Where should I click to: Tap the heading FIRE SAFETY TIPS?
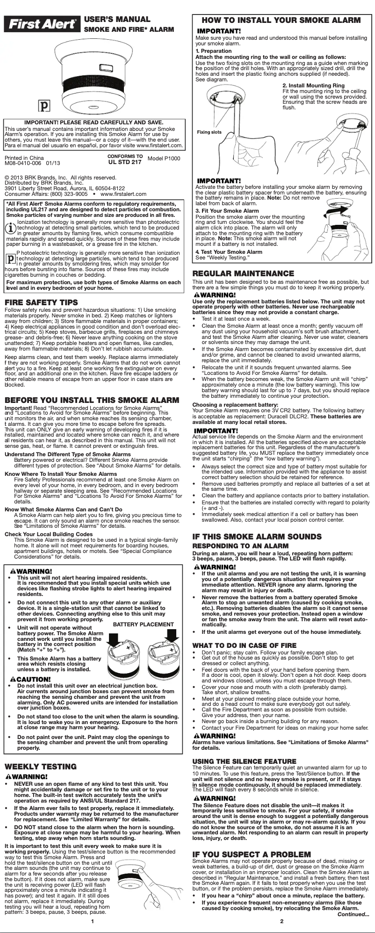pos(42,302)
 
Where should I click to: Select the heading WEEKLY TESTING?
pos(41,767)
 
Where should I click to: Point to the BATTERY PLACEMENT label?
pos(144,624)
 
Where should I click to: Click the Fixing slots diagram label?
pos(209,132)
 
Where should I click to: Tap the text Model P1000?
pos(164,159)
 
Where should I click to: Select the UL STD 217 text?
pos(125,162)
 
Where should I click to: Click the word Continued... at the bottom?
pos(353,914)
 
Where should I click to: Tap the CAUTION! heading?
pos(30,679)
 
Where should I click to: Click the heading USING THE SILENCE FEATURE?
pos(245,761)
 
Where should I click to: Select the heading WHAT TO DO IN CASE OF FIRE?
pos(245,645)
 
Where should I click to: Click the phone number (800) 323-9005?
pos(65,194)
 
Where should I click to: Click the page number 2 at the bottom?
pos(282,921)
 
